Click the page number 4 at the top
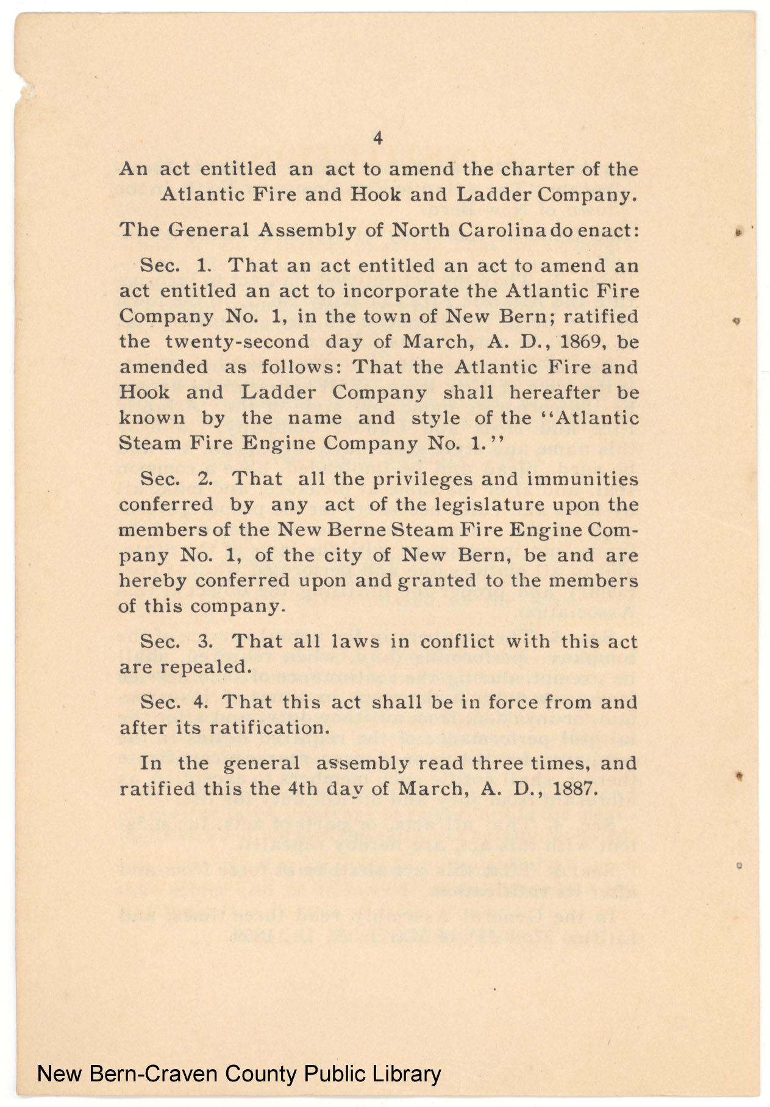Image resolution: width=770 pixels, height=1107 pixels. [377, 139]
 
